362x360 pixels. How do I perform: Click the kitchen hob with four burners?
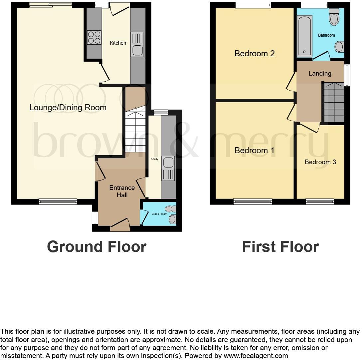(94, 37)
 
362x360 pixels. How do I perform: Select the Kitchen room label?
(118, 43)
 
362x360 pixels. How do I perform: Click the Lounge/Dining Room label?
(68, 108)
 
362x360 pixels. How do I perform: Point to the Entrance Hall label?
(122, 191)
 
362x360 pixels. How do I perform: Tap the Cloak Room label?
(159, 214)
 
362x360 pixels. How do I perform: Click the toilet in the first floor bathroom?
(334, 17)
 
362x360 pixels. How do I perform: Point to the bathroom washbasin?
(339, 47)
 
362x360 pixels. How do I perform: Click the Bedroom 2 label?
(255, 53)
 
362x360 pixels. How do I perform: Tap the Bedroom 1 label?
(255, 150)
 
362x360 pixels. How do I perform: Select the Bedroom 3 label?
(320, 162)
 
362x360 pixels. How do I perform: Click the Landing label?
(320, 73)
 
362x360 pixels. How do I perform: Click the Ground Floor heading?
(96, 247)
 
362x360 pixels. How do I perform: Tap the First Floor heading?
(280, 247)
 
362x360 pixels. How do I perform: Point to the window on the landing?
(347, 75)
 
